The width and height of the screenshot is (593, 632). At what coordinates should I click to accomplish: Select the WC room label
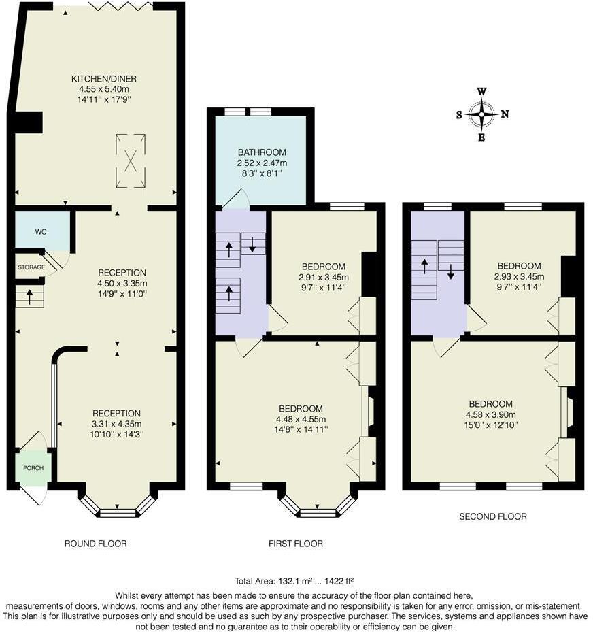tap(41, 232)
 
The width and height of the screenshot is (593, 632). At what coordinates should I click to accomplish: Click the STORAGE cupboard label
tap(31, 267)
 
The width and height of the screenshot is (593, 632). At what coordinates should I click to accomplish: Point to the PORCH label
tap(33, 468)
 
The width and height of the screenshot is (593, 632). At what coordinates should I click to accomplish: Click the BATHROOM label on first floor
tap(262, 152)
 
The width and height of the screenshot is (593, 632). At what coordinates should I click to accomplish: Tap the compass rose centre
tap(482, 114)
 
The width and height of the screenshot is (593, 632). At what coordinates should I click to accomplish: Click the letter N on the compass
tap(504, 114)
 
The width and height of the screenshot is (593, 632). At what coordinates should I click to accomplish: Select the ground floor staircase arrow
tap(29, 297)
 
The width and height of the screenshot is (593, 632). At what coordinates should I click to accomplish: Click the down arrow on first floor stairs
tap(253, 244)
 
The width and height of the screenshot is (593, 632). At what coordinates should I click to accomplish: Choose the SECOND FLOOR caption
tap(493, 516)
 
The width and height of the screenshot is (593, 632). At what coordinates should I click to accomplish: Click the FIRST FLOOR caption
tap(296, 544)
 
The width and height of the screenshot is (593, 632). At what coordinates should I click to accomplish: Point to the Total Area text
tap(294, 582)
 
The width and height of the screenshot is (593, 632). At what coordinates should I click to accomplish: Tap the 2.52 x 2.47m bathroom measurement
tap(262, 163)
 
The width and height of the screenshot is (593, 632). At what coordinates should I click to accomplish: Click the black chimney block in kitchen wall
tap(28, 122)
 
